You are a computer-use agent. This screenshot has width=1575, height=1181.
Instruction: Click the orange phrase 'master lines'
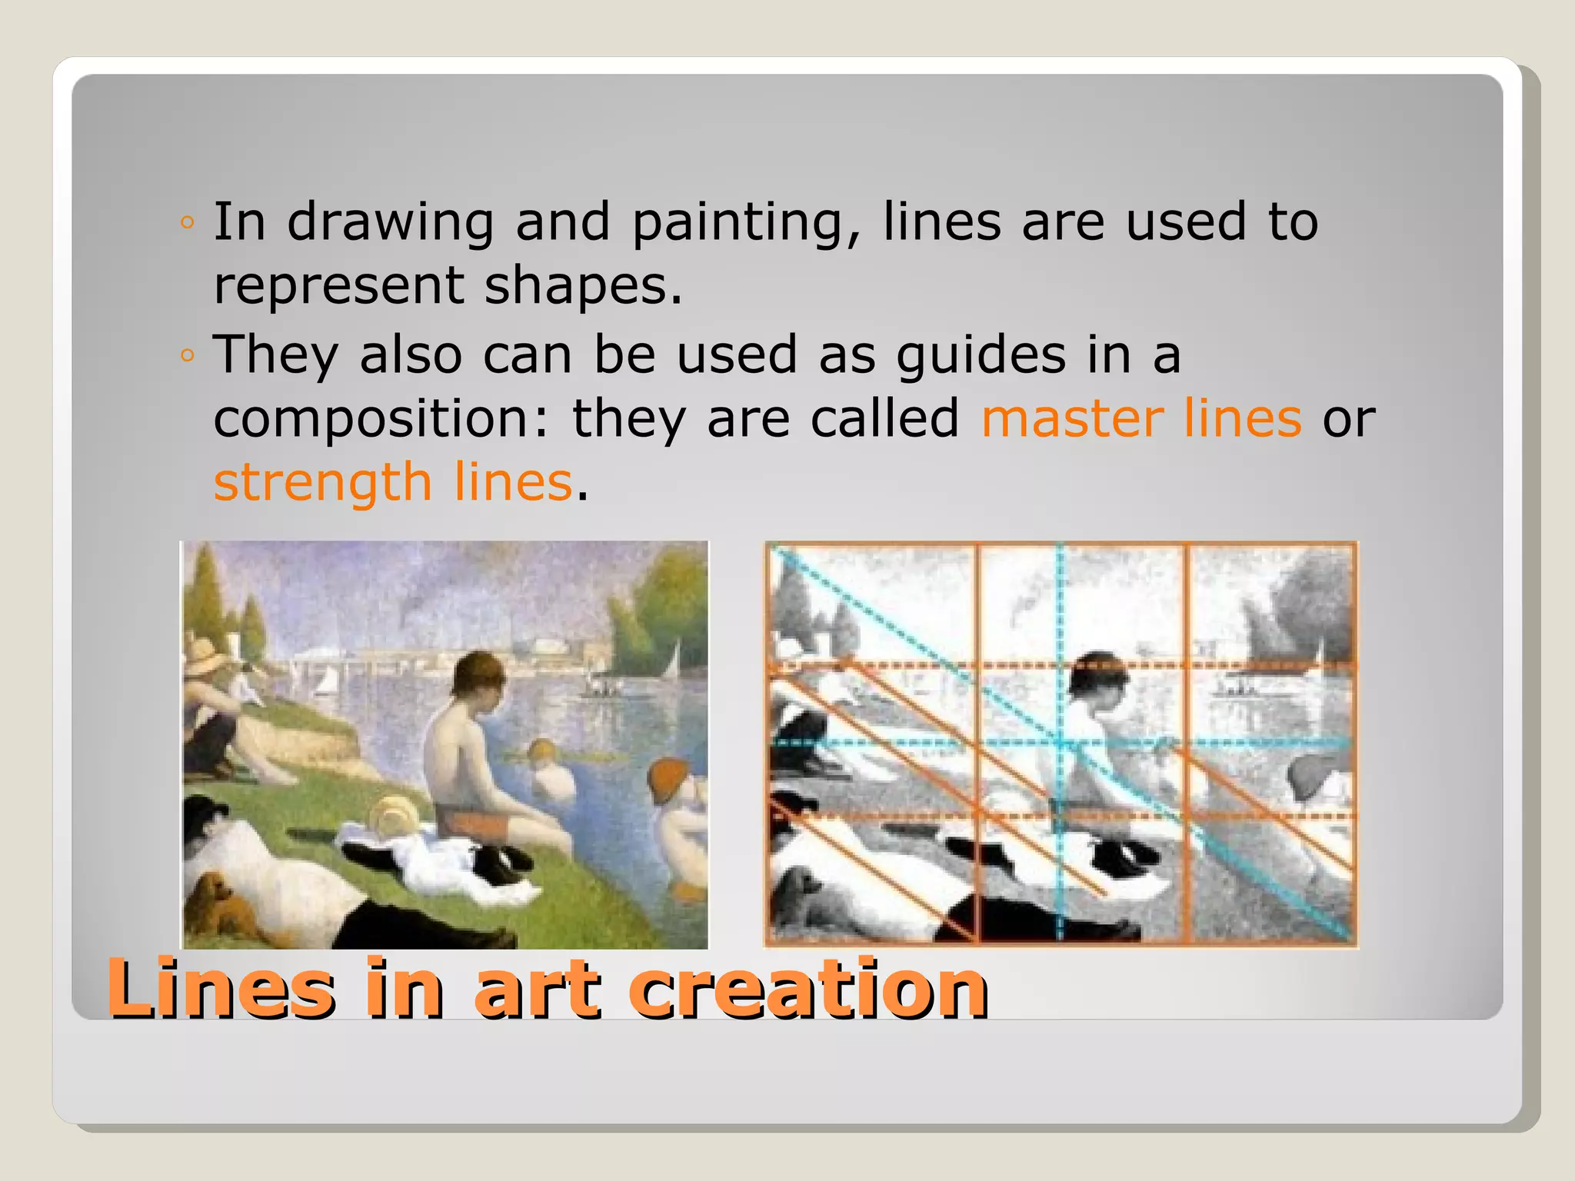coord(1141,419)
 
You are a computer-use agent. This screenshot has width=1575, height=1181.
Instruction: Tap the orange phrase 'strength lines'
coord(393,483)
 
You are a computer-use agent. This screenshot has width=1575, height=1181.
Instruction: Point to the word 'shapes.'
coord(583,286)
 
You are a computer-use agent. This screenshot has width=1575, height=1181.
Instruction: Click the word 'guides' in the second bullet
coord(981,356)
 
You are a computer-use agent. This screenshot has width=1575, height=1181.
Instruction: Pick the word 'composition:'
coord(381,419)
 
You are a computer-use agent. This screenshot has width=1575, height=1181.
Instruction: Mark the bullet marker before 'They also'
coord(187,355)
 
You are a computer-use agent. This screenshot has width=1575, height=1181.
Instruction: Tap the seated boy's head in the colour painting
coord(478,677)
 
